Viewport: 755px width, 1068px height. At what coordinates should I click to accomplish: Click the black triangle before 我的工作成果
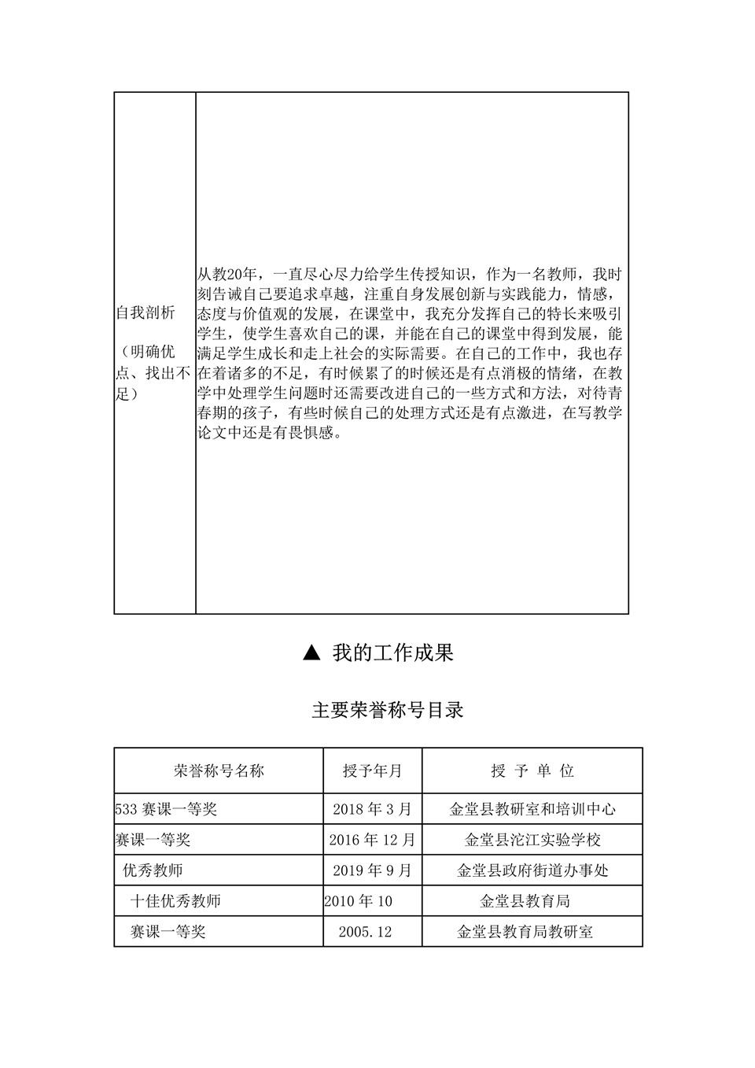click(312, 652)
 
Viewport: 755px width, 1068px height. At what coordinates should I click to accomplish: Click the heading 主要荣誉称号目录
click(388, 711)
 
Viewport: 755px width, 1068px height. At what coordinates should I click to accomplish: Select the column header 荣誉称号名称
click(219, 771)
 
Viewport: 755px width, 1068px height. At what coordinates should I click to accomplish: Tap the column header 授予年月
click(372, 771)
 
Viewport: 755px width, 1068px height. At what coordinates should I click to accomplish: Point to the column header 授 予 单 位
click(532, 771)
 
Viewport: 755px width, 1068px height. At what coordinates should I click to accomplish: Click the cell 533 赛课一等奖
click(166, 809)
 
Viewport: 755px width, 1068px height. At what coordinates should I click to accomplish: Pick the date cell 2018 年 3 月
click(372, 809)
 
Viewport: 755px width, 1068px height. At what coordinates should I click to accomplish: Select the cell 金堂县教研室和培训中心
click(532, 809)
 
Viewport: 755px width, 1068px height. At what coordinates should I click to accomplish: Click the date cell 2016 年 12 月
click(372, 840)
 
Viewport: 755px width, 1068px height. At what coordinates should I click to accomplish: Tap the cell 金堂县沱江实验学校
click(532, 840)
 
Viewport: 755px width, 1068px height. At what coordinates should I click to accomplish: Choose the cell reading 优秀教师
click(153, 870)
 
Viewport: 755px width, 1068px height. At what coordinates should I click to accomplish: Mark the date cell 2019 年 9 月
click(372, 870)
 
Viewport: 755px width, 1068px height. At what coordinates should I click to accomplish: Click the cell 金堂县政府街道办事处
click(532, 870)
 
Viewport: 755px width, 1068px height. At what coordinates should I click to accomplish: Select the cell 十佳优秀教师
click(175, 901)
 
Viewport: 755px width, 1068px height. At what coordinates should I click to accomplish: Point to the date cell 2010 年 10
click(358, 901)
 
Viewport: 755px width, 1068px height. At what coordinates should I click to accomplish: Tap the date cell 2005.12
click(365, 932)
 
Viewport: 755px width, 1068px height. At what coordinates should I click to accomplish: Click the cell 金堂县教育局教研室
click(525, 932)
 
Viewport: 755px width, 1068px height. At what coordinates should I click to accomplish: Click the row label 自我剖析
click(145, 313)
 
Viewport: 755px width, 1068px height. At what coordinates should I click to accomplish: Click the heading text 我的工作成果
click(392, 652)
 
